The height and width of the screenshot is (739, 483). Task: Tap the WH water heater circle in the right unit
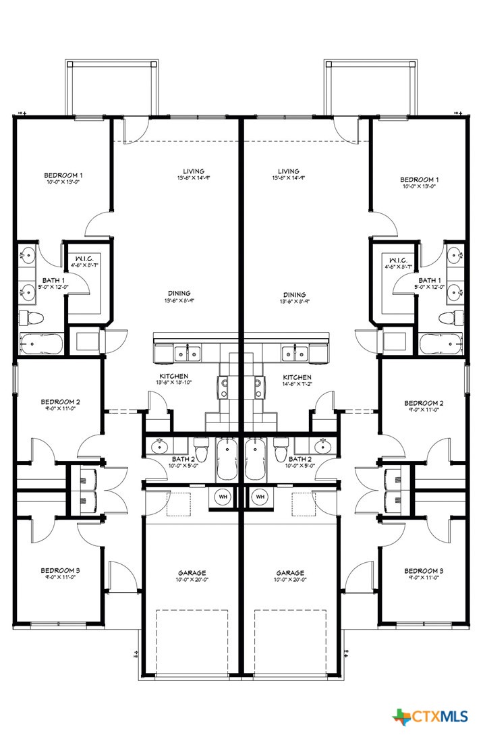click(260, 497)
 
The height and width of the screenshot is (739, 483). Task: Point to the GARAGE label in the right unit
click(290, 572)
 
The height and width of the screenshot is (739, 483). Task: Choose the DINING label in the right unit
click(294, 295)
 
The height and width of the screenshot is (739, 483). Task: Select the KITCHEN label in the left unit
click(173, 377)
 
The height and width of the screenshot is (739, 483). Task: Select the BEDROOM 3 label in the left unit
click(60, 570)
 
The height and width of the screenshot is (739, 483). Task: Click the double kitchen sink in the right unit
click(294, 352)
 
